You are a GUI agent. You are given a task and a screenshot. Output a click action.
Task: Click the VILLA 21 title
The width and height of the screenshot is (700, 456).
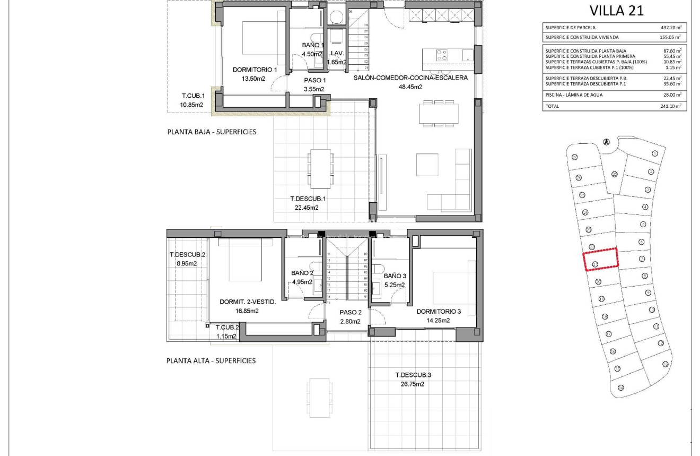[616, 11]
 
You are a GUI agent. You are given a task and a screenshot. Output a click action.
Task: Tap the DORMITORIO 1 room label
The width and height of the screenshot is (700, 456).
[255, 70]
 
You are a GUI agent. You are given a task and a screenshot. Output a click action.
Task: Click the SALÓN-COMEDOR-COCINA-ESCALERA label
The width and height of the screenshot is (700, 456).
[410, 78]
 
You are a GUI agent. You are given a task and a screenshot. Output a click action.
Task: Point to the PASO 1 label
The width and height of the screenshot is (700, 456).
[314, 80]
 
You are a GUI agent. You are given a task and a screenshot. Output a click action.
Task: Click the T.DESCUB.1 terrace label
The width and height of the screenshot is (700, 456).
[308, 199]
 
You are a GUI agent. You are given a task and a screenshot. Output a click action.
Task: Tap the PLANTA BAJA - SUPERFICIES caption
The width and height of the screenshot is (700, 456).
[212, 132]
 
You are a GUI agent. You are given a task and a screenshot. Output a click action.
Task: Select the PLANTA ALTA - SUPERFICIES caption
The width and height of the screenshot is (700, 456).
[211, 360]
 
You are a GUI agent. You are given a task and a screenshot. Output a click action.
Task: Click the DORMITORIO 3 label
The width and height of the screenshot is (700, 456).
[439, 312]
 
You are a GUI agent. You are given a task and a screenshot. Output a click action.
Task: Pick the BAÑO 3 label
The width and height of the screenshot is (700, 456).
[395, 276]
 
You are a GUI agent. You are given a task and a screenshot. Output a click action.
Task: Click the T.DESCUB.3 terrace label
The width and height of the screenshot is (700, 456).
[413, 375]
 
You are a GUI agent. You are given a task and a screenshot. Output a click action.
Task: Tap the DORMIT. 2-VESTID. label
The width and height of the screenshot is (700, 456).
[248, 302]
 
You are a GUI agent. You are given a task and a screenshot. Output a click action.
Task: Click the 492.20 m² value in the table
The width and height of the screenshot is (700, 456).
[671, 27]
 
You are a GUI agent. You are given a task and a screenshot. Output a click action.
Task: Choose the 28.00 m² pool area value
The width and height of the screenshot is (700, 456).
[671, 95]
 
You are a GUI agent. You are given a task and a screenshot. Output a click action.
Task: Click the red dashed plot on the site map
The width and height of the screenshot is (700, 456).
[601, 259]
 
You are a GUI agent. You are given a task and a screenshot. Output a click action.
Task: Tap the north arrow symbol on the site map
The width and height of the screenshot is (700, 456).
[607, 142]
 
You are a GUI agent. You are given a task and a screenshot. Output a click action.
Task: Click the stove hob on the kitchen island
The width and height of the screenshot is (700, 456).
[442, 55]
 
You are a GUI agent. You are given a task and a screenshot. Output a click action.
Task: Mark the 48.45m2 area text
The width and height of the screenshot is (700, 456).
[410, 87]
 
